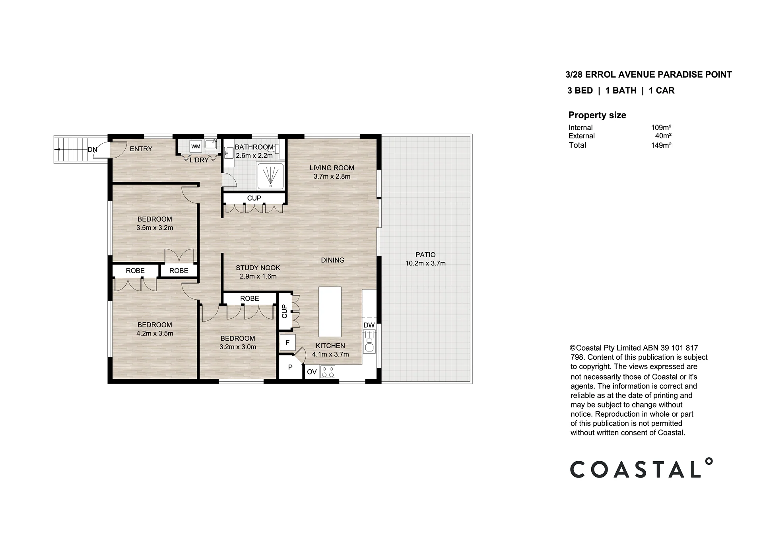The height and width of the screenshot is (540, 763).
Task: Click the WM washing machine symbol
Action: [x=196, y=146]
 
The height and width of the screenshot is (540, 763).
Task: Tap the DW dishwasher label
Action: [x=369, y=325]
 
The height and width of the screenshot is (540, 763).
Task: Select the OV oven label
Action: [x=312, y=372]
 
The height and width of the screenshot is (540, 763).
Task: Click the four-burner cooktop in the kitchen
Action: [x=328, y=372]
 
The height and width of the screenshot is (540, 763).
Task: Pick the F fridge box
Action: [x=287, y=342]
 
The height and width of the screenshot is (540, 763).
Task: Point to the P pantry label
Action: [x=290, y=367]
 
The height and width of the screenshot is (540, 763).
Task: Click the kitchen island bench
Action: [x=330, y=312]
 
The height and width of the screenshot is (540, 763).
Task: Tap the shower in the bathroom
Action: [x=270, y=176]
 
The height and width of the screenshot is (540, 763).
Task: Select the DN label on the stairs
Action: [x=92, y=150]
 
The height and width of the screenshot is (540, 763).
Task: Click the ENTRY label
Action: [x=141, y=149]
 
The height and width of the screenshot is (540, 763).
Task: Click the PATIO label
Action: [x=425, y=255]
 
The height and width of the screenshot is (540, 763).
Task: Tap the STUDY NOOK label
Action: [x=258, y=268]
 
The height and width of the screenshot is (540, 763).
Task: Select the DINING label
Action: [x=333, y=260]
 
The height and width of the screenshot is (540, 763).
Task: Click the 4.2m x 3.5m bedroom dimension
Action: [x=155, y=333]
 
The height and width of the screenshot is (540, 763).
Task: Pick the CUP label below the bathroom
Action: [x=254, y=198]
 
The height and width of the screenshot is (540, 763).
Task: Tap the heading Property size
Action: [x=597, y=115]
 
